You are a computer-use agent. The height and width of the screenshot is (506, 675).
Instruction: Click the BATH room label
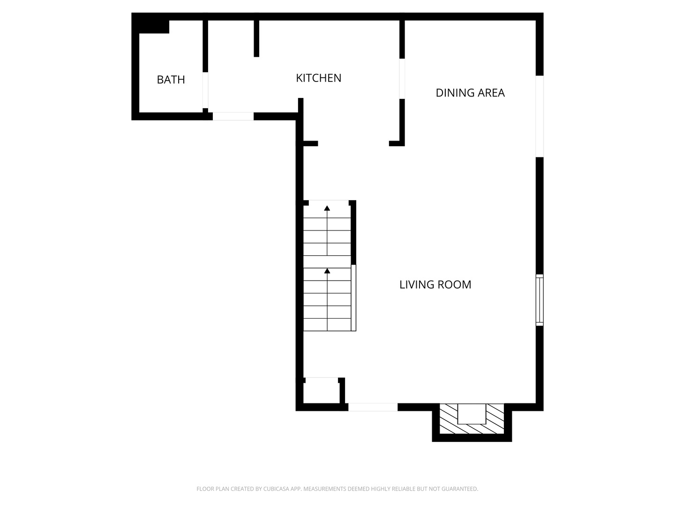tap(171, 80)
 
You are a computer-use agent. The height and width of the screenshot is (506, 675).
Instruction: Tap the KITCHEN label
tap(318, 78)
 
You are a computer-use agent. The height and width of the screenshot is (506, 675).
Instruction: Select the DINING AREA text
tap(470, 93)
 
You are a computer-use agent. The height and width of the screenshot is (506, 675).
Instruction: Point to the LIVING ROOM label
tap(435, 284)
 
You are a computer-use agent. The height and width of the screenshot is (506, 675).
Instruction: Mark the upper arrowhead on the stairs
tap(327, 208)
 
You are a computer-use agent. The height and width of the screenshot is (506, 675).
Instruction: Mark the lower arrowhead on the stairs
tap(327, 271)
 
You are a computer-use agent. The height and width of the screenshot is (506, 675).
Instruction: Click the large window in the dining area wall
tap(540, 116)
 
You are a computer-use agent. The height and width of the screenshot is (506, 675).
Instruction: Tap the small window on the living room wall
tap(540, 300)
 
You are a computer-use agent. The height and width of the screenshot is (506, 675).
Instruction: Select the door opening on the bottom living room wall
tap(373, 407)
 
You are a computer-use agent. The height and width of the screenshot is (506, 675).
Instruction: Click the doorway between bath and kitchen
tap(205, 90)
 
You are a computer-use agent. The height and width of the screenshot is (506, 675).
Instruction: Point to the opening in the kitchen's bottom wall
tap(233, 116)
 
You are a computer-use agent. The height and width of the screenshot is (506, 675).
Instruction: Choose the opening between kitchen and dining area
tap(402, 79)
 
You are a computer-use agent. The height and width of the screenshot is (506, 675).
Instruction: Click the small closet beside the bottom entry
tap(321, 392)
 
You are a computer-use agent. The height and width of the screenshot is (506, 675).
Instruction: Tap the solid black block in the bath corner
tap(153, 26)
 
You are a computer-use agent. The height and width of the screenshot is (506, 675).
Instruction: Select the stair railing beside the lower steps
tap(354, 298)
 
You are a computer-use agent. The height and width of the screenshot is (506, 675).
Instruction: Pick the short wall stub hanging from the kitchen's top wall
tap(256, 38)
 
